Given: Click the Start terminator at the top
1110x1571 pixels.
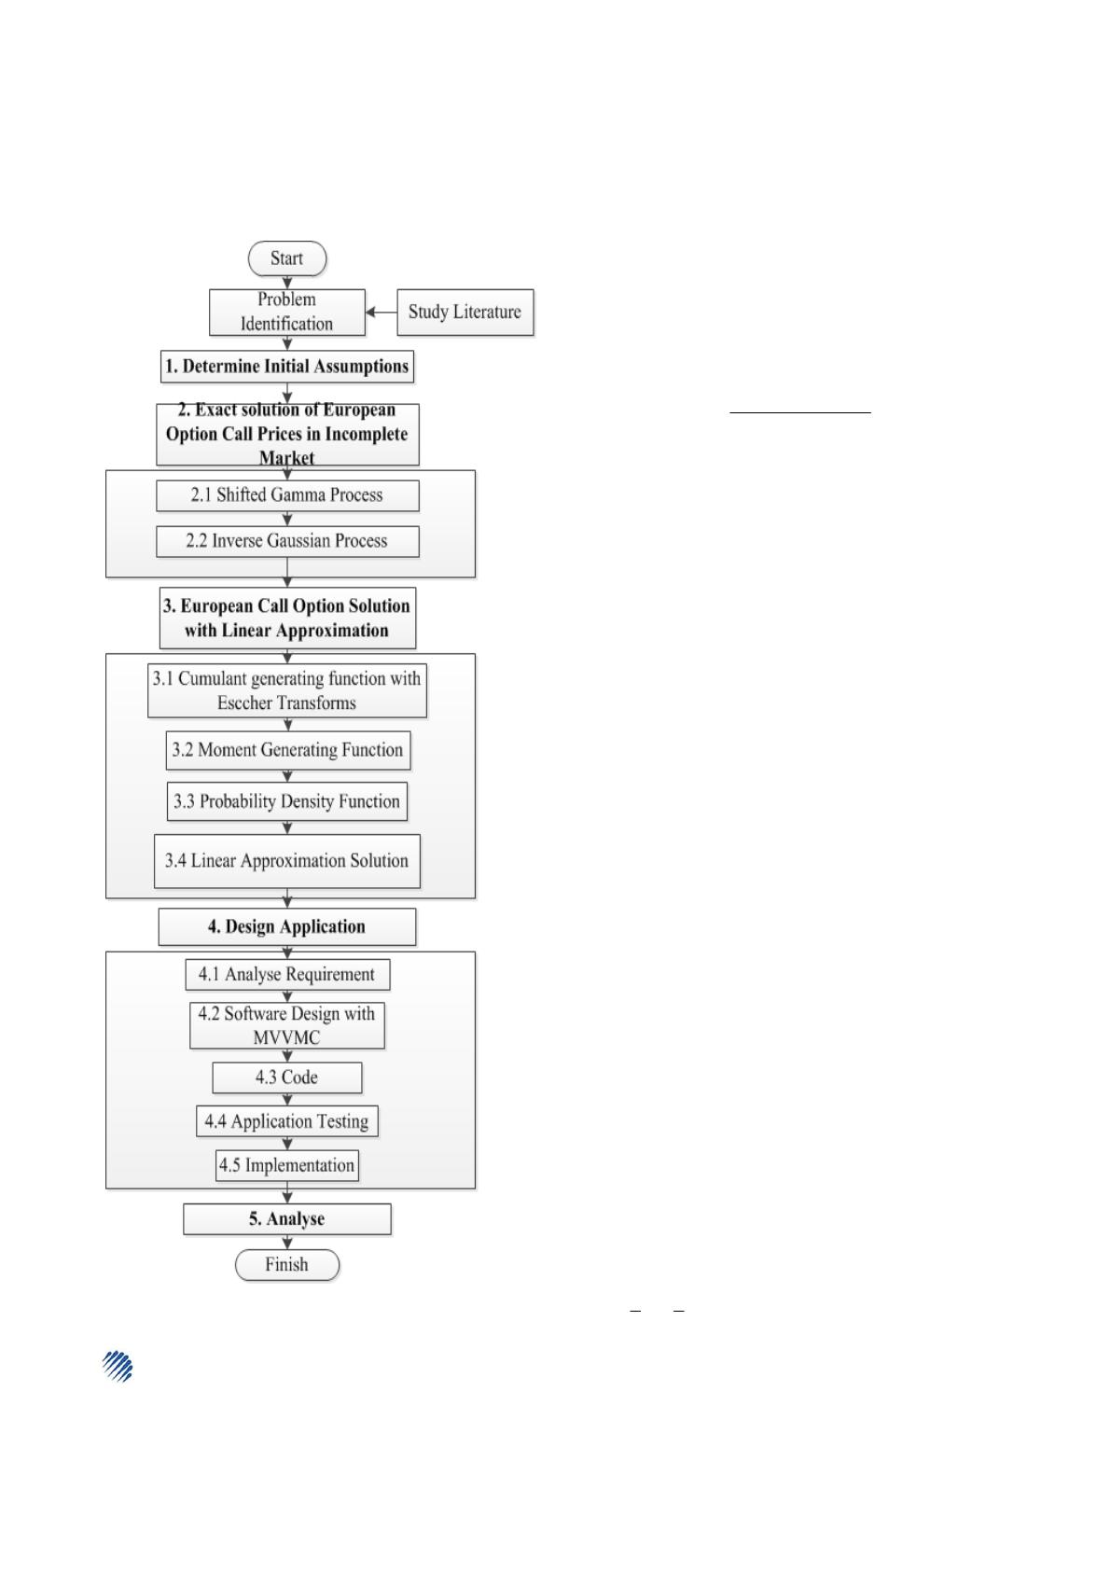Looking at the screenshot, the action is [x=286, y=258].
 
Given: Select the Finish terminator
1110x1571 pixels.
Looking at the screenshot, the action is [x=286, y=1264].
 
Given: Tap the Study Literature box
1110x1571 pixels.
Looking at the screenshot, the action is [x=465, y=313].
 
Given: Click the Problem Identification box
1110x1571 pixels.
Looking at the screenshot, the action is [x=286, y=313].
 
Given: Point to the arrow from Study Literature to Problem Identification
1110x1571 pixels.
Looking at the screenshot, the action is [x=382, y=313].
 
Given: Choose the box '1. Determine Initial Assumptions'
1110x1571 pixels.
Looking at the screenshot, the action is [x=286, y=366].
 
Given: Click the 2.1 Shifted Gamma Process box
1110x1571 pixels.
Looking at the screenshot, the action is [x=287, y=495].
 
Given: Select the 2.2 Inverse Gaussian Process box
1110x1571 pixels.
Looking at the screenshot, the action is [x=287, y=541].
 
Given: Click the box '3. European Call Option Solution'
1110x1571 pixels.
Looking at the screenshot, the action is [x=287, y=618].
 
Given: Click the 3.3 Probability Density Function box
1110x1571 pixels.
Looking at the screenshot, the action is [x=286, y=801].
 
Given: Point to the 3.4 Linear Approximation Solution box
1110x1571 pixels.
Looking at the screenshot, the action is [x=286, y=860].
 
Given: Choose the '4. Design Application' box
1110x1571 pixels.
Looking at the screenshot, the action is [x=286, y=927].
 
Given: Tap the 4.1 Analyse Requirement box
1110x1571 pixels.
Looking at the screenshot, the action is [x=287, y=974].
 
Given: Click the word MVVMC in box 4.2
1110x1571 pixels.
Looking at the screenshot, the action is [x=286, y=1037].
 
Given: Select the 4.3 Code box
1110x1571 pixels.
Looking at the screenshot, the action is [x=286, y=1077].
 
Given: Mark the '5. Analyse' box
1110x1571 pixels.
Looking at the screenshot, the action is [x=286, y=1219].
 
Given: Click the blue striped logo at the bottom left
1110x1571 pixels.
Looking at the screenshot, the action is [x=118, y=1366].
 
